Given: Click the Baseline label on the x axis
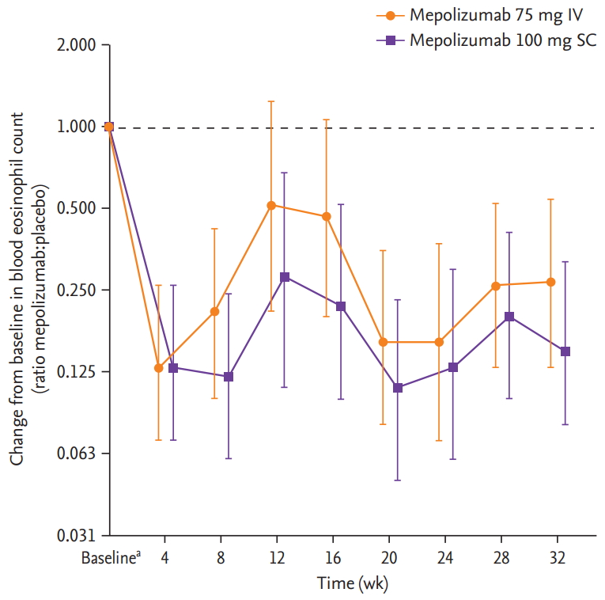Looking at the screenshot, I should pos(111,558).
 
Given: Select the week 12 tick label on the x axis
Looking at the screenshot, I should pos(277,558).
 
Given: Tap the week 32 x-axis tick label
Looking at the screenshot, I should pos(558,558).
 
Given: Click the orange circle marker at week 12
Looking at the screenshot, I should pos(271,206).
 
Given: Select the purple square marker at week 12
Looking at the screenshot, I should pos(285,277).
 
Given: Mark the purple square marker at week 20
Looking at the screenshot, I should pos(398,388).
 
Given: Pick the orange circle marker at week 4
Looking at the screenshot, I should pos(159,368).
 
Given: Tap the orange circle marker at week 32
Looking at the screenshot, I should pos(551,282).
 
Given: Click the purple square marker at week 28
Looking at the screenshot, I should pos(510,317).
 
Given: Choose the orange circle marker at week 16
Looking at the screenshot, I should pos(327,216).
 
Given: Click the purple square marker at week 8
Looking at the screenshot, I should pos(229,377).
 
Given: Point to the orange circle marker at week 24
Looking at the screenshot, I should pos(439,342).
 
